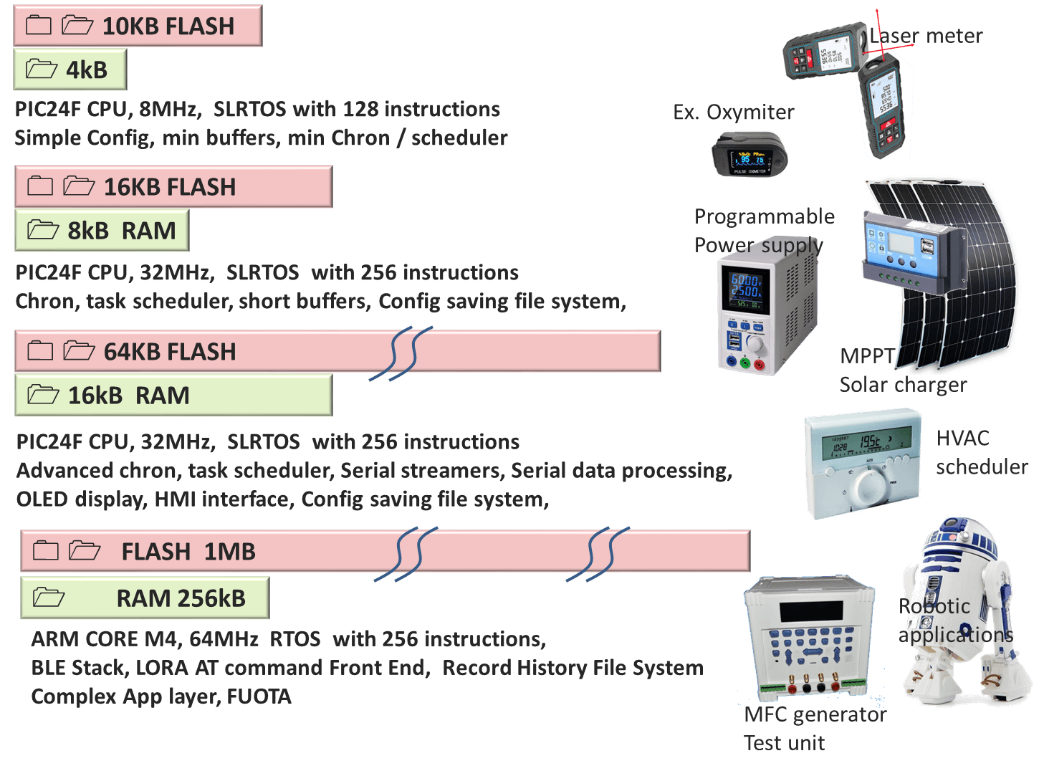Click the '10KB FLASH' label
tap(168, 27)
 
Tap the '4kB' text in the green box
tap(87, 70)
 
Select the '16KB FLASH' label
tap(170, 187)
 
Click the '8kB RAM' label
tap(122, 231)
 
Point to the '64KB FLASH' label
tap(170, 352)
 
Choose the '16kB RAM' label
tap(129, 396)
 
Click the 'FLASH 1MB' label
tap(188, 552)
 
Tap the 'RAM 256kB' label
tap(181, 598)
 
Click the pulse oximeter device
tap(750, 155)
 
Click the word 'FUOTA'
tap(259, 696)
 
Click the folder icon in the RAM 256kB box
tap(49, 598)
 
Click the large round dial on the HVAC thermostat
tap(869, 487)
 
